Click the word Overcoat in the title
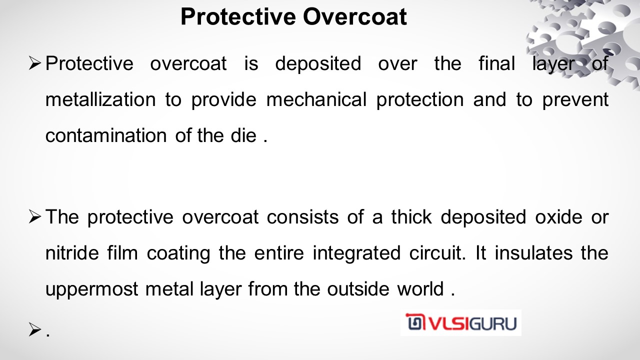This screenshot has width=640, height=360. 355,17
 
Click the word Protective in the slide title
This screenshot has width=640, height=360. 238,17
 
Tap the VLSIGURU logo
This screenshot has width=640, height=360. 461,322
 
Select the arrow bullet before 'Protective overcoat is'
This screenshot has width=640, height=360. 35,63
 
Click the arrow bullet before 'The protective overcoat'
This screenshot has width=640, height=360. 35,217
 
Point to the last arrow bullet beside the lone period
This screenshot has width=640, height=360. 35,329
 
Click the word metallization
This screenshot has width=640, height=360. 100,99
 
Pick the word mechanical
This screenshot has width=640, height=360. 316,99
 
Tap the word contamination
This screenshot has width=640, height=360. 106,135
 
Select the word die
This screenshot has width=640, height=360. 243,135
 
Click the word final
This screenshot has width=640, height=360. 497,63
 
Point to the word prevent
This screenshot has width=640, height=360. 575,100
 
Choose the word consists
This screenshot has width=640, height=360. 303,217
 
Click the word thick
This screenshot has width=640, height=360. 411,217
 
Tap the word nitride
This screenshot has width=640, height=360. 72,253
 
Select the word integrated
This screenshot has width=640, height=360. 356,253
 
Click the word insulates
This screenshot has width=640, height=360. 533,253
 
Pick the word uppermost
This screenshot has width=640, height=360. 92,289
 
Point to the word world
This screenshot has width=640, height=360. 420,289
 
